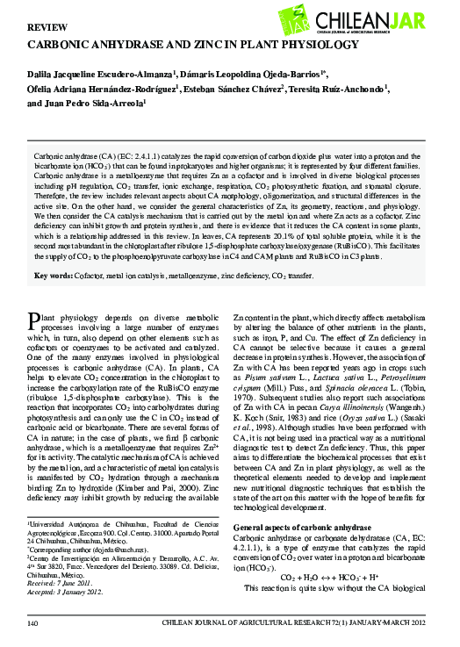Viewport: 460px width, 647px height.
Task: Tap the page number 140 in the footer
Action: coord(34,622)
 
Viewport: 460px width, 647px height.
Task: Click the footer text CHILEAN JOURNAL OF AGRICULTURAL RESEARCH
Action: coord(281,622)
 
